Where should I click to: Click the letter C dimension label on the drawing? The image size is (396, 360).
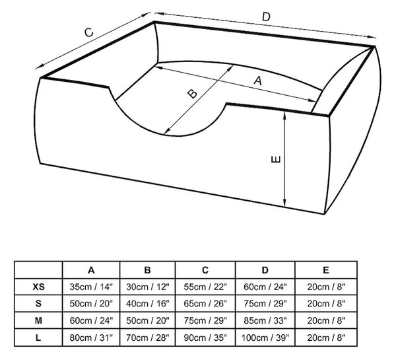pos(89,32)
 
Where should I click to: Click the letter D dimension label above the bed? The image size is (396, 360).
pos(266,17)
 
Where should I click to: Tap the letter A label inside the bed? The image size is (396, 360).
pos(257,81)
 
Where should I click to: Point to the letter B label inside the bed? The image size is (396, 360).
pos(193,94)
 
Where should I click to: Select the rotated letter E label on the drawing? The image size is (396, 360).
pos(275,159)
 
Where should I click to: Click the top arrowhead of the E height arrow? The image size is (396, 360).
pos(284,116)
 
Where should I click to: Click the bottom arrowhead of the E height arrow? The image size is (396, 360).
pos(284,203)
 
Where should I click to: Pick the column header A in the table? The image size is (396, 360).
pos(91,270)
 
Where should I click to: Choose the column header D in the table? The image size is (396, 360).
pos(265,270)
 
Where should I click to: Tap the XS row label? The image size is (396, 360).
pos(38,287)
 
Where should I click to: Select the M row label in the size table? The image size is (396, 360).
pos(38,320)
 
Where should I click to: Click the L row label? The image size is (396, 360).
pos(38,338)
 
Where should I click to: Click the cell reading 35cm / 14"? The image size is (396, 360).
pos(91,287)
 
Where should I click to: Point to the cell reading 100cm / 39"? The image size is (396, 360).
pos(265,338)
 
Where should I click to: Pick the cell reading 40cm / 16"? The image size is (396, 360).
pos(147,303)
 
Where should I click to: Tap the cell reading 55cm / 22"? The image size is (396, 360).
pos(205,287)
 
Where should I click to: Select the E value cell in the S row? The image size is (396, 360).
pos(326,303)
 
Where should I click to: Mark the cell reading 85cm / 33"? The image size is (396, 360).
pos(265,320)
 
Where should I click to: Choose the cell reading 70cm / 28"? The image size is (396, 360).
pos(147,338)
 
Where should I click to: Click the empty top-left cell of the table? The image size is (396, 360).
pos(38,270)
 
